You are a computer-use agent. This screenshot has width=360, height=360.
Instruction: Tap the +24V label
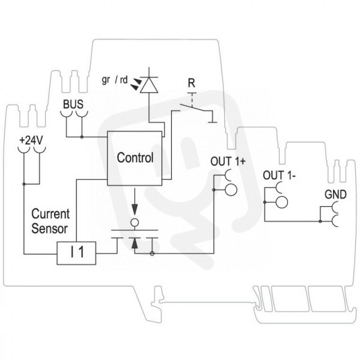31,140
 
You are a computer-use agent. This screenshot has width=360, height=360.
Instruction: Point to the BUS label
73,104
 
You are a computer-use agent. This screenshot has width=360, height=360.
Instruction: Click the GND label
335,194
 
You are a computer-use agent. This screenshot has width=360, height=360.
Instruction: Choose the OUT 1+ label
228,161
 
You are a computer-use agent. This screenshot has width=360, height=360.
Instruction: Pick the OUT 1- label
279,176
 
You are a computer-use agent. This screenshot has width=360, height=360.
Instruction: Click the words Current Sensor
50,221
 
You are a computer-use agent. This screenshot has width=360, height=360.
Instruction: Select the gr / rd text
115,80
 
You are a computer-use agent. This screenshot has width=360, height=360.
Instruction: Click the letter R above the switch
191,83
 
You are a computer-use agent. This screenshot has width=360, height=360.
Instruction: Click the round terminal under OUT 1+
231,190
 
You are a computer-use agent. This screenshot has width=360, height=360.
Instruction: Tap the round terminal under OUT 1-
282,202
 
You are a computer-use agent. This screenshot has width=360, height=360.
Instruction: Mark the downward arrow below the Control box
135,202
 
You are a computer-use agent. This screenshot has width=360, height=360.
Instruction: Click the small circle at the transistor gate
135,223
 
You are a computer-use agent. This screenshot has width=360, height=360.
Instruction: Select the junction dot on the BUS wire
82,137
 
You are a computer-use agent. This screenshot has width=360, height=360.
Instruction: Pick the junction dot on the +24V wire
24,184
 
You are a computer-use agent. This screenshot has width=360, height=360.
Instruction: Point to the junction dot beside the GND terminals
320,221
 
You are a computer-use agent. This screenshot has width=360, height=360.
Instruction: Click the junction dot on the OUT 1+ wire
214,190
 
